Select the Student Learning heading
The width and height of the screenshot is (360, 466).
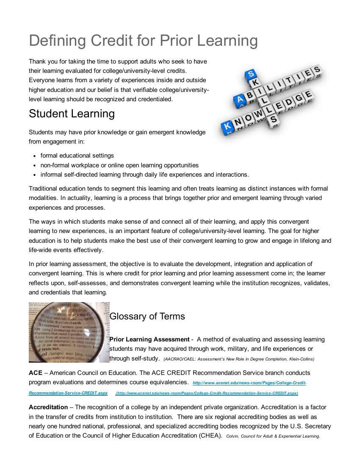(x=72, y=114)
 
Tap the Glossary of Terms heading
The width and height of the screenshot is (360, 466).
(x=147, y=316)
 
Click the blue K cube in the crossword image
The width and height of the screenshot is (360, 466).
(x=227, y=125)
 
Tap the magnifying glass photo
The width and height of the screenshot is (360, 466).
(x=69, y=332)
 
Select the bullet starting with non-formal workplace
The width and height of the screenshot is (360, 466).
(x=119, y=165)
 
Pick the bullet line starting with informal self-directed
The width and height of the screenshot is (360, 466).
(x=144, y=175)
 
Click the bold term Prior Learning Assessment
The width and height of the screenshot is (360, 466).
(x=149, y=339)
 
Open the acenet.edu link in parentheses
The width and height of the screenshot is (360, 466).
(x=207, y=393)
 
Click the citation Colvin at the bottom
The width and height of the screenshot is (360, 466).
(x=232, y=436)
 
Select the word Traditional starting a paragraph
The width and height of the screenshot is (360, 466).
(x=43, y=189)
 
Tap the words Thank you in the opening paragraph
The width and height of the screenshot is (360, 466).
(x=42, y=61)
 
